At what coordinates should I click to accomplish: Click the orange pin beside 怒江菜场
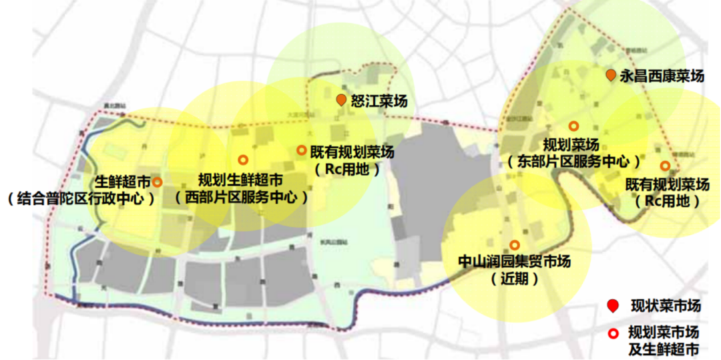(x=341, y=100)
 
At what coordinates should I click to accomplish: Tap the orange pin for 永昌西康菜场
(x=610, y=76)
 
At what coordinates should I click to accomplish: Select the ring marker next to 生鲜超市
(x=157, y=182)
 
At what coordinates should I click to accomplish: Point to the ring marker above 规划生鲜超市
(x=243, y=160)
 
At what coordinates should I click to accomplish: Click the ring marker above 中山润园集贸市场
(x=514, y=245)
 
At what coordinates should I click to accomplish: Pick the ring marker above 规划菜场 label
(x=573, y=126)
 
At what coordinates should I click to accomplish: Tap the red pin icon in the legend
(x=612, y=307)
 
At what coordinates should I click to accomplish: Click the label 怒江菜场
(x=379, y=101)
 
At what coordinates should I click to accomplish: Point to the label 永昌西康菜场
(x=662, y=76)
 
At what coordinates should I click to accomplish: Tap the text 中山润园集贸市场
(x=515, y=262)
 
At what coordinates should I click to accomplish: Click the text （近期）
(x=514, y=279)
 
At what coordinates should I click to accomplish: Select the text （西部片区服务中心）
(x=240, y=198)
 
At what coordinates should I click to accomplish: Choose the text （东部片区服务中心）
(x=573, y=162)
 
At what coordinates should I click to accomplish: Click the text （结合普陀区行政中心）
(x=80, y=198)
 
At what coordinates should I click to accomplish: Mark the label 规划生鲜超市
(x=240, y=180)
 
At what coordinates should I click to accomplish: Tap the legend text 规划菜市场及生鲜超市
(x=664, y=341)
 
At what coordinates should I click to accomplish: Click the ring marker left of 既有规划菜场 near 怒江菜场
(x=301, y=150)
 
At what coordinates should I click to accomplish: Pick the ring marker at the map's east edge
(x=664, y=166)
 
